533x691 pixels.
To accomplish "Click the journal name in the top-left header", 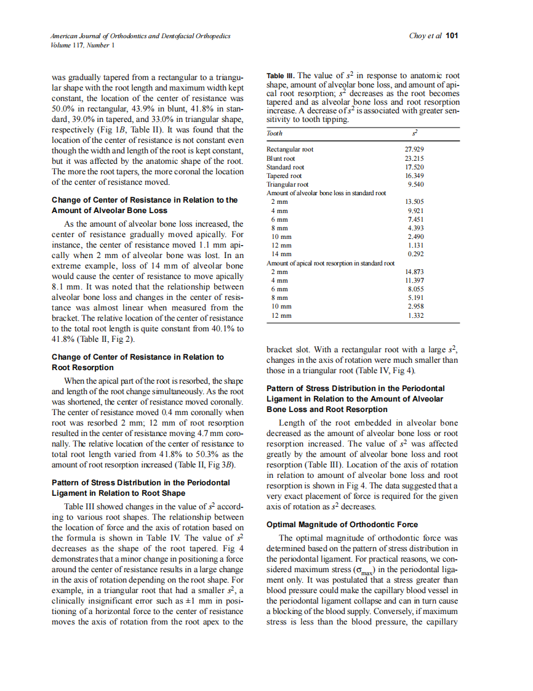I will [x=141, y=36].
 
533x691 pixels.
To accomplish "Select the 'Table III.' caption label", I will [x=280, y=76].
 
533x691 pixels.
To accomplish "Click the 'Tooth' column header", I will [x=275, y=132].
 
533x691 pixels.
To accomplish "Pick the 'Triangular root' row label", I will [x=287, y=184].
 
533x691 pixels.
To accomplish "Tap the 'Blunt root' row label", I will [x=281, y=158].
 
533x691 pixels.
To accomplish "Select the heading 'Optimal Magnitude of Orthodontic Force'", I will [x=342, y=525].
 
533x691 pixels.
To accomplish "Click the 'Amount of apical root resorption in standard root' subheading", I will [x=330, y=263].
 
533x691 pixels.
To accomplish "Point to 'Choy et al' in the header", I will [x=425, y=36].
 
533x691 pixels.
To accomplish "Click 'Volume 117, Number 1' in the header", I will [x=82, y=45].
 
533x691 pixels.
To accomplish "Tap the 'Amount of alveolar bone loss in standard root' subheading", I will [x=326, y=193].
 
